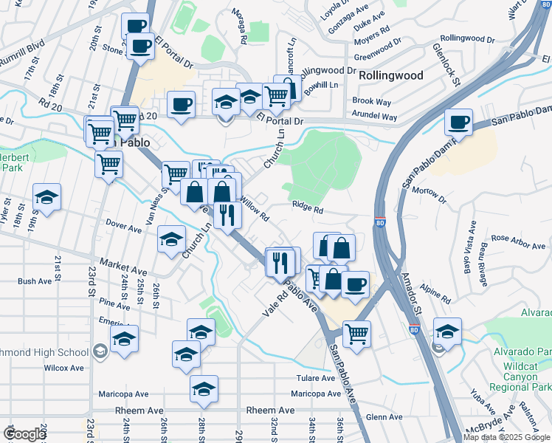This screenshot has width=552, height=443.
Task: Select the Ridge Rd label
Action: click(x=308, y=209)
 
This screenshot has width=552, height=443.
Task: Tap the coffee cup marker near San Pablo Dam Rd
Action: click(x=458, y=121)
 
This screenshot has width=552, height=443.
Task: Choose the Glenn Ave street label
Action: click(x=384, y=417)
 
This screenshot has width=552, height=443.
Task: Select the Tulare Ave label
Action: click(x=317, y=377)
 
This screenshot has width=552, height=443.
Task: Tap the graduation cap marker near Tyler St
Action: click(x=46, y=198)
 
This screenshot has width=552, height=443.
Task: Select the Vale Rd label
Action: click(x=274, y=305)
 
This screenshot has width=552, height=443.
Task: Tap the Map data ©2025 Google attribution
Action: click(x=506, y=437)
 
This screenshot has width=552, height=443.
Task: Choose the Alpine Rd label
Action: click(x=435, y=291)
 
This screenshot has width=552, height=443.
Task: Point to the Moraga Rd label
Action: click(x=241, y=29)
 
